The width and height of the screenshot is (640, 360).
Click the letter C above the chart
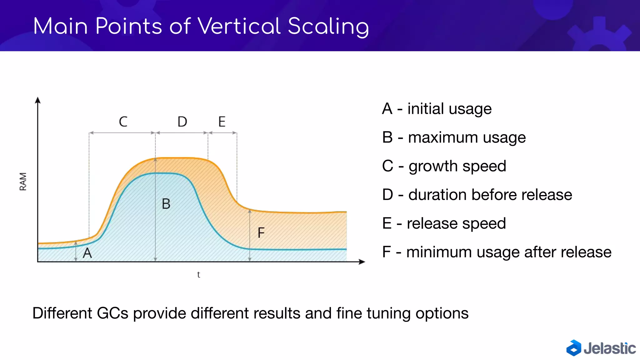[123, 122]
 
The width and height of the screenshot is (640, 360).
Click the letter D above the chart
[182, 122]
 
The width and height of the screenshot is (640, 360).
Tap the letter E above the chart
[222, 122]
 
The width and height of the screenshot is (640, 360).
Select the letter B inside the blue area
[166, 204]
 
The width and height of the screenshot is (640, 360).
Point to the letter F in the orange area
[261, 233]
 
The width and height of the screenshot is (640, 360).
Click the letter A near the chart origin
[87, 253]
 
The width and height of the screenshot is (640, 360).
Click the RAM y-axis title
[23, 181]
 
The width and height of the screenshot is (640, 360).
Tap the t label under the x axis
[198, 274]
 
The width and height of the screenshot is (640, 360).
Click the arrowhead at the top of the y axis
[38, 100]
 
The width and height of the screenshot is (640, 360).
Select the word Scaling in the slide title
[328, 27]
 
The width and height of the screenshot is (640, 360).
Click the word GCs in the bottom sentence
[112, 313]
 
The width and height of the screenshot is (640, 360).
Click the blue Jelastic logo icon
[574, 348]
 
